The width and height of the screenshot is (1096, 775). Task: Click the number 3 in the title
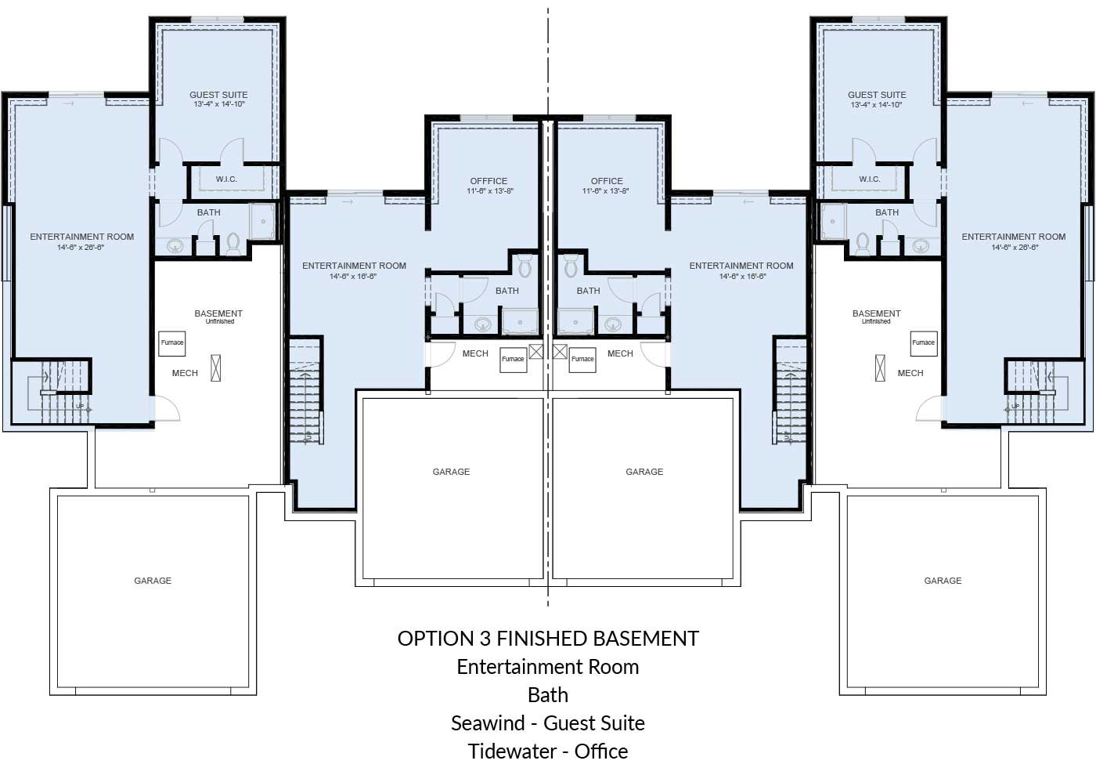coord(484,639)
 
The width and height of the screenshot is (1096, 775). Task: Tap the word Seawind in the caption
coord(488,723)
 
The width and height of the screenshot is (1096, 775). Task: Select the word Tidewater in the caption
coord(514,751)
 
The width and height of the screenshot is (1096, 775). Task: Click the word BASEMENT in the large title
coord(646,639)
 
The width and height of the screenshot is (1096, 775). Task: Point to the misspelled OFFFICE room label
coord(489,181)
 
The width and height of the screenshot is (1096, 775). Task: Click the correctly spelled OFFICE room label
coord(607,181)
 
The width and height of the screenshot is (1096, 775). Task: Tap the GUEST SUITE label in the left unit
coord(218,95)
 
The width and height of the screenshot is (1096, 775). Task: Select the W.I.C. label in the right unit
coord(870,179)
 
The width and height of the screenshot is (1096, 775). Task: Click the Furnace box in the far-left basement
coord(172,343)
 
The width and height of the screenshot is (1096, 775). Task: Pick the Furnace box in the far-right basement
coord(923,343)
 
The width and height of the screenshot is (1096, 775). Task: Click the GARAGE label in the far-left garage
coord(153,581)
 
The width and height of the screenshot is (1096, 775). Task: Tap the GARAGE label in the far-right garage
coord(943,581)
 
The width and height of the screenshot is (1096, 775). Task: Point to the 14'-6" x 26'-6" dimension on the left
coord(81,248)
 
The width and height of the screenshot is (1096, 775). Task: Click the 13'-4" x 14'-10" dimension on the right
coord(876,104)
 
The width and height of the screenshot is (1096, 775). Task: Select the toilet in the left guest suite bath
coord(233,244)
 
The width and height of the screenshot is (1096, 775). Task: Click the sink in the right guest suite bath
coord(921,245)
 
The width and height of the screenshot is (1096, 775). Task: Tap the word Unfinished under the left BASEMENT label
coord(220,322)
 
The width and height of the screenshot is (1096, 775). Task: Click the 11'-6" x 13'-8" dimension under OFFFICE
coord(490,191)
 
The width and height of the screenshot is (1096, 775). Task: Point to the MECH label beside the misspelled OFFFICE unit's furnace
coord(475,353)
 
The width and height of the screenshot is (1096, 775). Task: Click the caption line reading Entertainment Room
coord(548,667)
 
